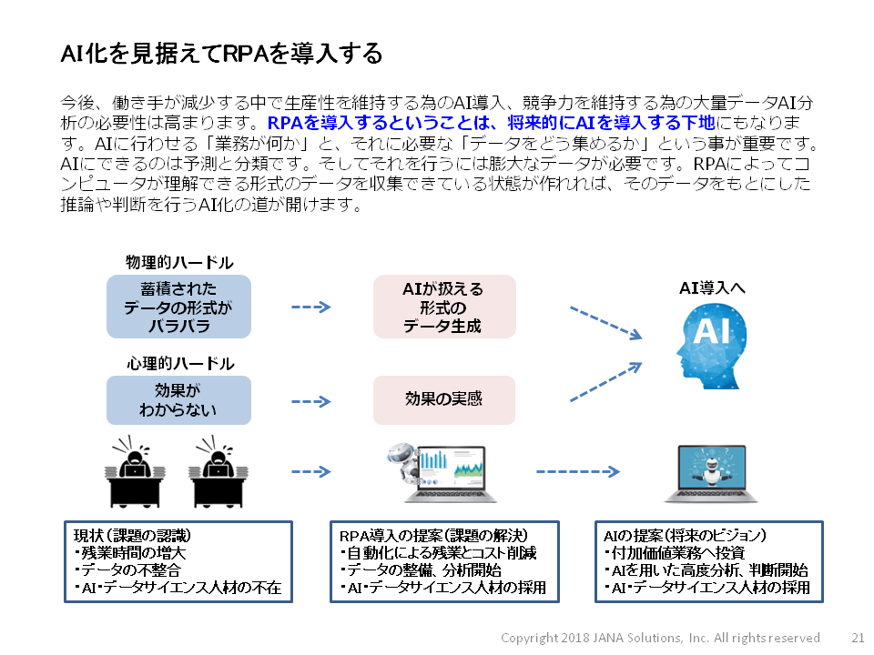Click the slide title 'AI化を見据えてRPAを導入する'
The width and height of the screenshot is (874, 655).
click(x=221, y=54)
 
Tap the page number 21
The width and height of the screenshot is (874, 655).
click(x=858, y=638)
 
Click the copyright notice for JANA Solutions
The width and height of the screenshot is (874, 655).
click(x=660, y=638)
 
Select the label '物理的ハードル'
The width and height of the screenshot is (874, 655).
click(x=178, y=262)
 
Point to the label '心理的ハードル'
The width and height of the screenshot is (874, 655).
click(x=178, y=364)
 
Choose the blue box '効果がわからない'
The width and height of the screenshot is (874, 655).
click(x=178, y=400)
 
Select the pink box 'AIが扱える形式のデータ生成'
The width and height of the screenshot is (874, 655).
click(x=444, y=307)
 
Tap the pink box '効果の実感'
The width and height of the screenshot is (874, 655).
click(x=444, y=400)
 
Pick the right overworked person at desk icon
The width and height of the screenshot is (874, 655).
click(x=219, y=470)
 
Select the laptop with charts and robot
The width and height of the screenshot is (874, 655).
click(x=443, y=473)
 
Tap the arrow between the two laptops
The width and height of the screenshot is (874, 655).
click(x=578, y=471)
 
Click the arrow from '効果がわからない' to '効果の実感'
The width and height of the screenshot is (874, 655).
click(x=310, y=400)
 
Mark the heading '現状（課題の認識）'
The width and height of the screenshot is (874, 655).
click(x=132, y=534)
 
